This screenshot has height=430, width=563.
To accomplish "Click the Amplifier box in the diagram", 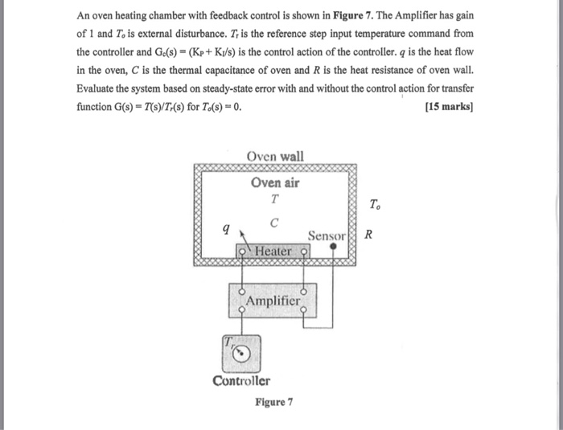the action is (x=273, y=301).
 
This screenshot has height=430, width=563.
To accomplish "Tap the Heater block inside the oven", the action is (x=273, y=251).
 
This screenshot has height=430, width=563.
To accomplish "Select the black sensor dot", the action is (x=333, y=246).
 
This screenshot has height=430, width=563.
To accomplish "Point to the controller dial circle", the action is (x=240, y=354).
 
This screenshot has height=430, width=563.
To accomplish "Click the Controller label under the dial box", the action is (x=241, y=381).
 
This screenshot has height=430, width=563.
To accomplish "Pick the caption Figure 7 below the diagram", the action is (x=274, y=402).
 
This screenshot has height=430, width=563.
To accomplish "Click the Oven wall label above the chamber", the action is (x=275, y=157).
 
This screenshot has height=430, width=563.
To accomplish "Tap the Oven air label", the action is (x=275, y=182).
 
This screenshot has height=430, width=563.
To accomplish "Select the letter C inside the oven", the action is (x=274, y=223).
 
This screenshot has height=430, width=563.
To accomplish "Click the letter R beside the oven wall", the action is (x=368, y=235).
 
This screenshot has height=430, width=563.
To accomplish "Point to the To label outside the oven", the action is (x=376, y=205).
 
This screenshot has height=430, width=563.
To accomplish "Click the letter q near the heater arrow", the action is (x=226, y=228).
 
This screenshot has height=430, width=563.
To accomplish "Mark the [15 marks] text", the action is (x=449, y=107).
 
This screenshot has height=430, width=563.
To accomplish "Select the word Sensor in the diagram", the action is (x=327, y=236).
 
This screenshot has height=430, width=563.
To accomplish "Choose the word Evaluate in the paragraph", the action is (x=95, y=88).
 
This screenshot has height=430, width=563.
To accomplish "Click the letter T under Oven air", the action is (x=275, y=199).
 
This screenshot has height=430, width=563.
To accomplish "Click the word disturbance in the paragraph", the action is (x=200, y=34).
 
